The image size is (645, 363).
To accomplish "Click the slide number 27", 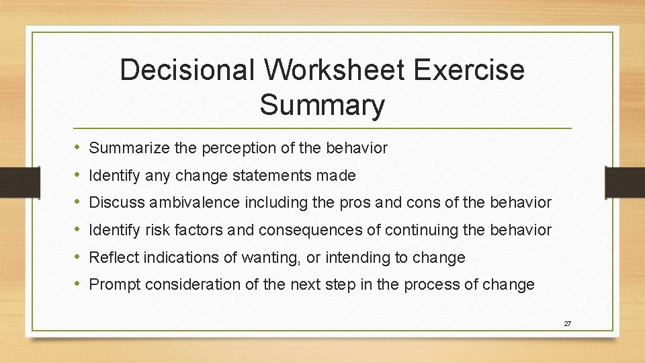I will (567, 323).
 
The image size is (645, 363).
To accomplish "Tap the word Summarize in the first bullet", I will (129, 148).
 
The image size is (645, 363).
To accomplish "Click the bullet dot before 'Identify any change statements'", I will (78, 175).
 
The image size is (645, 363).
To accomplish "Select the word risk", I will (156, 230).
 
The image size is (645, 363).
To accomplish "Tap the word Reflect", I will (111, 257).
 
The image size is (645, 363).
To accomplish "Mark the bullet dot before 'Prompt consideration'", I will (78, 284).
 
